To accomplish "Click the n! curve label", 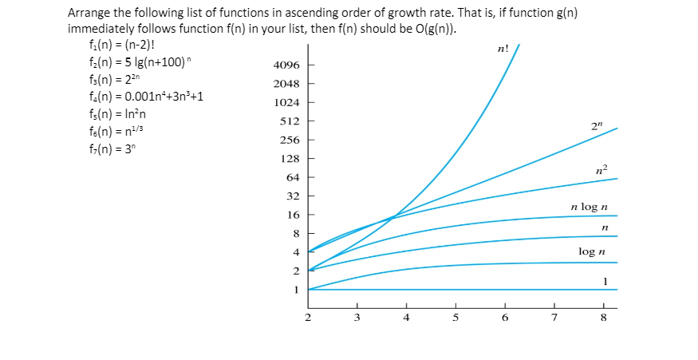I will (x=503, y=49).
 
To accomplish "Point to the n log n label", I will (x=590, y=207).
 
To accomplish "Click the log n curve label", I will (x=591, y=251).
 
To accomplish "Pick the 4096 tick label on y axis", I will (x=286, y=65).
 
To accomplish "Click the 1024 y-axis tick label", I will (x=286, y=103).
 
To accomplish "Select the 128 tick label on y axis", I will (x=289, y=159).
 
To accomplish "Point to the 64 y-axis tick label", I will (x=292, y=177).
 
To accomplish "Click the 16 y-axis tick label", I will (x=292, y=215).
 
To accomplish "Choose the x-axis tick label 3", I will (x=357, y=317).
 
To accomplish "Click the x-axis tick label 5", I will (x=455, y=317).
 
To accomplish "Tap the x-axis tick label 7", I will (x=554, y=317).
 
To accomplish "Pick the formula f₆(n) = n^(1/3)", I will (x=117, y=129).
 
